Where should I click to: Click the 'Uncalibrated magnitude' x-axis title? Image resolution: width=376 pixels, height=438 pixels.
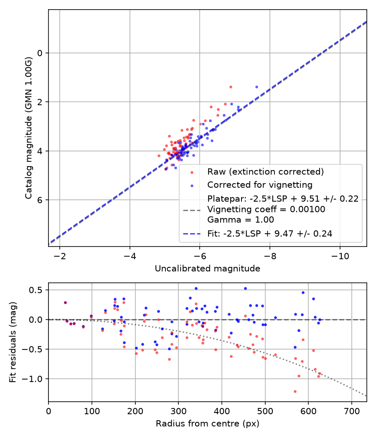click(207, 269)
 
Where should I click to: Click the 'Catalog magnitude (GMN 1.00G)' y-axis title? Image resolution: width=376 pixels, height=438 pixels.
click(28, 128)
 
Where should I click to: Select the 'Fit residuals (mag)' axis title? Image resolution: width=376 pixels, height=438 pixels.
click(13, 342)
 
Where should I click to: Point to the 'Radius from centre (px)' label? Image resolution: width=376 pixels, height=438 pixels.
click(207, 424)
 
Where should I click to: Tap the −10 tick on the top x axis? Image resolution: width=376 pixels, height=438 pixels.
click(340, 256)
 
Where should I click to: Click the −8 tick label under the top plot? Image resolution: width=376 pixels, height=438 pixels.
click(270, 256)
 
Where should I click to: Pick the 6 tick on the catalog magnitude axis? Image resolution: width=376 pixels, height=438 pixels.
click(40, 200)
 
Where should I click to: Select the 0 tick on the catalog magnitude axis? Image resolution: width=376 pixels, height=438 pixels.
click(40, 53)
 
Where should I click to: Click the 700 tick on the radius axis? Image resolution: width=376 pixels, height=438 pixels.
click(351, 411)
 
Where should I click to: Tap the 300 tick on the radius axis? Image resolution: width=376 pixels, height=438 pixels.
click(178, 411)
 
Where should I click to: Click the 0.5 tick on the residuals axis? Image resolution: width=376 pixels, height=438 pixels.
click(36, 290)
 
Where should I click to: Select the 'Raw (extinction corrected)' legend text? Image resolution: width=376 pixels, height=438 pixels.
click(265, 171)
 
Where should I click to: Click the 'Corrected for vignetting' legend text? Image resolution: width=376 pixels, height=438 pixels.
click(260, 185)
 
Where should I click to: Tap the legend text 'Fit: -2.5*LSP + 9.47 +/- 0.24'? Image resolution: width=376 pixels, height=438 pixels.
click(270, 234)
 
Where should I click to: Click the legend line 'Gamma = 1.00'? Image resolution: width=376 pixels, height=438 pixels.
click(241, 220)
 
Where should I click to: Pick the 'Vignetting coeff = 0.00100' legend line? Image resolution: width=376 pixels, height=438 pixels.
click(267, 209)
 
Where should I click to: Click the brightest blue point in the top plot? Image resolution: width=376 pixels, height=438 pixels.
click(257, 87)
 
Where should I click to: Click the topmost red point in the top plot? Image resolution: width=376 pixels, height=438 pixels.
click(231, 87)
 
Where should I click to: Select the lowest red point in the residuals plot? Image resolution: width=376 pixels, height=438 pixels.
click(295, 392)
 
